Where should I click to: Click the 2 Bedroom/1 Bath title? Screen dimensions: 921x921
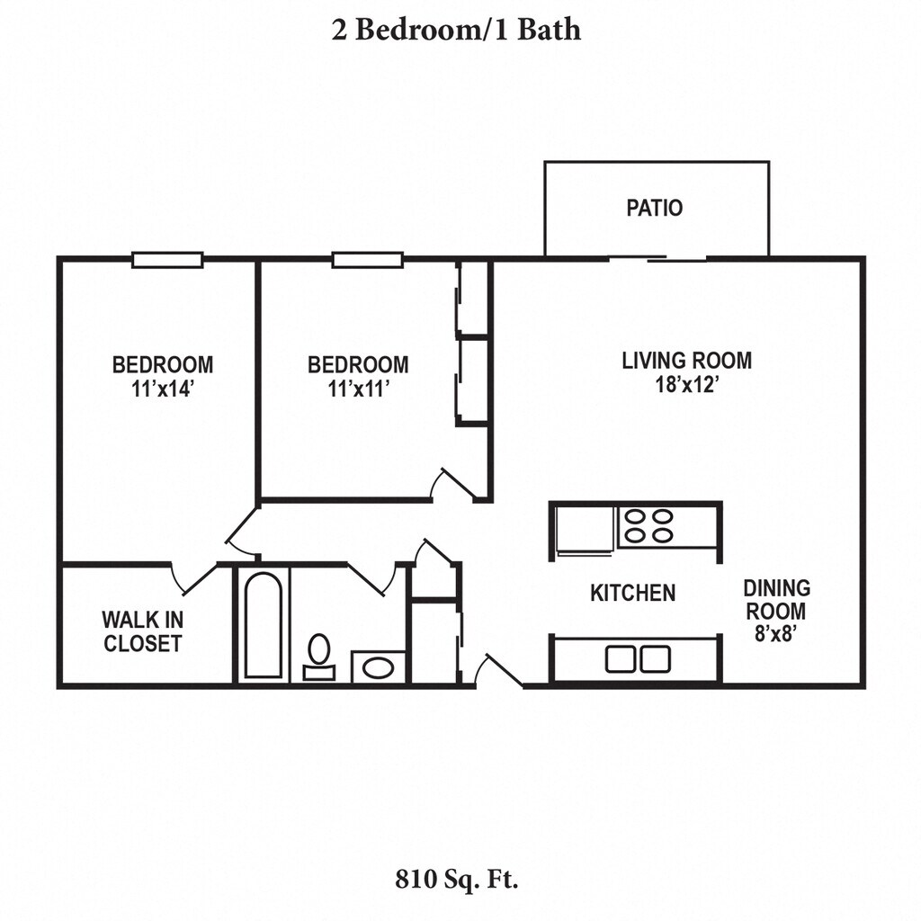tap(456, 30)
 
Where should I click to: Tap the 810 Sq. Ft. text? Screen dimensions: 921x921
tap(456, 879)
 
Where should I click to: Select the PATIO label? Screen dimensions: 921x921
tap(655, 208)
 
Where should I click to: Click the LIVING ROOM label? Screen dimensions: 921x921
tap(687, 361)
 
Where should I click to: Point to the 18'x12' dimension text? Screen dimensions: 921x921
tap(687, 385)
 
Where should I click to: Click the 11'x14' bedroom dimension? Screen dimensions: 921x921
tap(163, 389)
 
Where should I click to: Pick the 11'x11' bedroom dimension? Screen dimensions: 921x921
tap(358, 389)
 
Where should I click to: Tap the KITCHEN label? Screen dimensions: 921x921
tap(632, 593)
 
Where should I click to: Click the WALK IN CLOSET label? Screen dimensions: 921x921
tap(142, 631)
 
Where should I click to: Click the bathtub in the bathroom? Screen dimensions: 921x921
tap(264, 624)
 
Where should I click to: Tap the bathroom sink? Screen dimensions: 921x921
tap(378, 667)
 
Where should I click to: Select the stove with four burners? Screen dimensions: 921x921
tap(648, 526)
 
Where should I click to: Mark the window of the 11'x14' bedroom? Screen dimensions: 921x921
tap(167, 260)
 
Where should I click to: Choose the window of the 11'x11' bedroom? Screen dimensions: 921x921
tap(366, 260)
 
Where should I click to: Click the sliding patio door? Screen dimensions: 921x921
tap(657, 259)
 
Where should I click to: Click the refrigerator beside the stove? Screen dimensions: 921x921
tap(586, 527)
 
